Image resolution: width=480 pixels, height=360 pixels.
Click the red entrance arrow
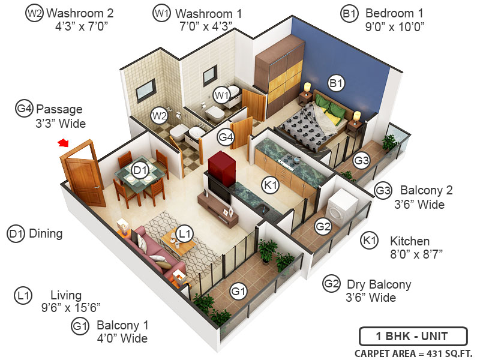[63, 143]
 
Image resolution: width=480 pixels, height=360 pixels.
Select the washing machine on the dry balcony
[341, 208]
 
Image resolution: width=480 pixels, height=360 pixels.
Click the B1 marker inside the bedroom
[335, 84]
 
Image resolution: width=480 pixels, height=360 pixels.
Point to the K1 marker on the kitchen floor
[271, 187]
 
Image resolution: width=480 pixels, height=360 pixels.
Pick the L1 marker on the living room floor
[185, 233]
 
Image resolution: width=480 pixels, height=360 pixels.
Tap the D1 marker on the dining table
[140, 171]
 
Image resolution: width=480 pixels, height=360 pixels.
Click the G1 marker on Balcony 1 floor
[239, 292]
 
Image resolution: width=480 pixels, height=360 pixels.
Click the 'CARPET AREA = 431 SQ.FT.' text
[413, 353]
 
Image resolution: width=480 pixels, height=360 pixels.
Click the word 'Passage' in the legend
[59, 109]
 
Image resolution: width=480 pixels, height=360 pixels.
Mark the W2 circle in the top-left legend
[34, 13]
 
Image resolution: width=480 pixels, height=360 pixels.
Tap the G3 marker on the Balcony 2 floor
[361, 160]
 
